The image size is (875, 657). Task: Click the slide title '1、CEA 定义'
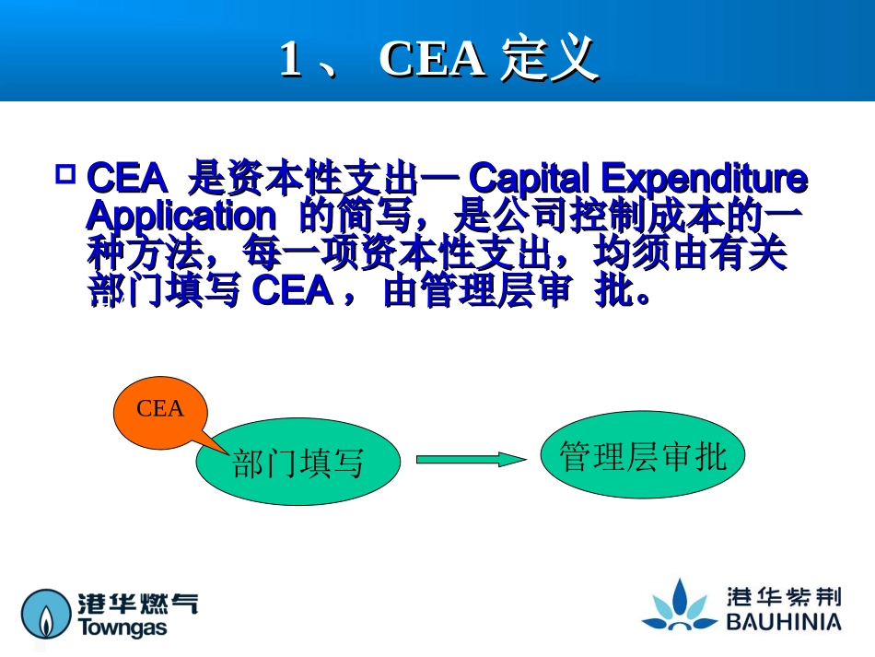[438, 60]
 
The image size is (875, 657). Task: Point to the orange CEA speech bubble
[160, 408]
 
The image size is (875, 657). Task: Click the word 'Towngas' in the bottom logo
[122, 628]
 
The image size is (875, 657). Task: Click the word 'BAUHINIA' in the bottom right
[783, 623]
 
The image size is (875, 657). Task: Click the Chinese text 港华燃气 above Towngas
[137, 603]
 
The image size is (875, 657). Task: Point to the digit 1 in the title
[290, 60]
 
